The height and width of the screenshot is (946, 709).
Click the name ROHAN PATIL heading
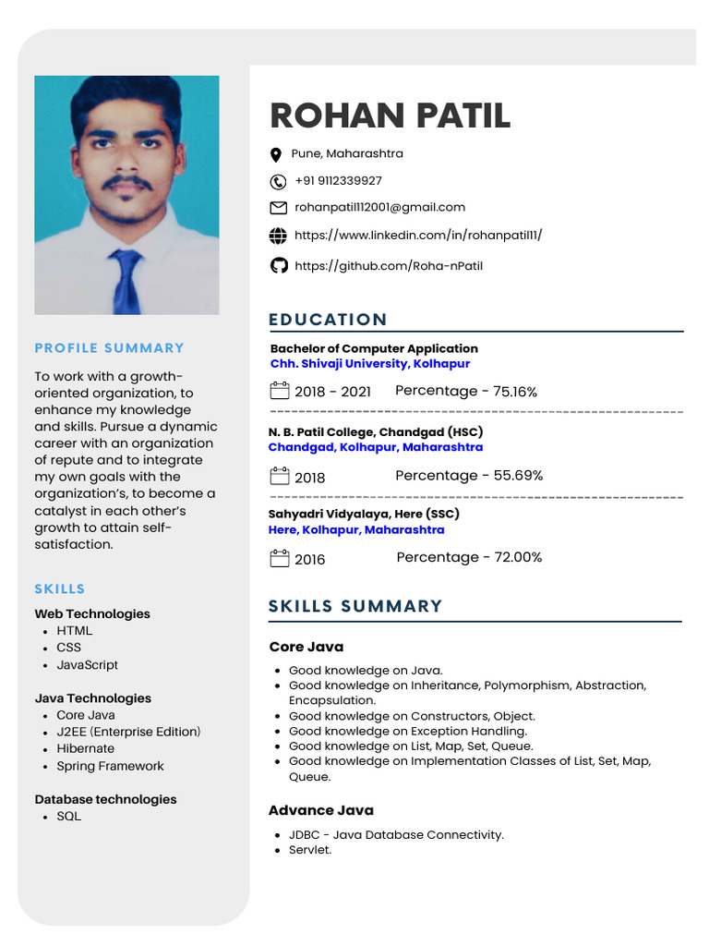389,116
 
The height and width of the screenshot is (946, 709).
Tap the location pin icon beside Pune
275,155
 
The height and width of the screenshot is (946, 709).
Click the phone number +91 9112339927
338,181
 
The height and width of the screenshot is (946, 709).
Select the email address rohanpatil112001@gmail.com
379,207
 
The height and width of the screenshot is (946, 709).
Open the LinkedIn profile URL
418,236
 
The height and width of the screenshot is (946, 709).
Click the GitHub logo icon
278,266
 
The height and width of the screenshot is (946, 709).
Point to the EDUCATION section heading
328,320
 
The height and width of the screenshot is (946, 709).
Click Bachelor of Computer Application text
374,348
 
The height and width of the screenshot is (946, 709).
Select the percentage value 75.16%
515,392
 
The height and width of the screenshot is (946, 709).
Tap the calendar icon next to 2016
279,558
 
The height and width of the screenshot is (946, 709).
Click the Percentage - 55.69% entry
469,476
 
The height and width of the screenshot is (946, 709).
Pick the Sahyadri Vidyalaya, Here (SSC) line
364,514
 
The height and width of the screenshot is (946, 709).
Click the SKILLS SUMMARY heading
355,606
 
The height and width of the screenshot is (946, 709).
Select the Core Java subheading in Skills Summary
306,647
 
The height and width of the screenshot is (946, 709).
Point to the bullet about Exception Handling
408,731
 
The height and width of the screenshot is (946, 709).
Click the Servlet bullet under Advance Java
310,850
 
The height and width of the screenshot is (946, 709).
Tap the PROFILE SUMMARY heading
110,348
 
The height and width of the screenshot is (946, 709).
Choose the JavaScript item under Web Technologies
88,665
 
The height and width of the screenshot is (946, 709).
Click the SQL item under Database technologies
69,817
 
